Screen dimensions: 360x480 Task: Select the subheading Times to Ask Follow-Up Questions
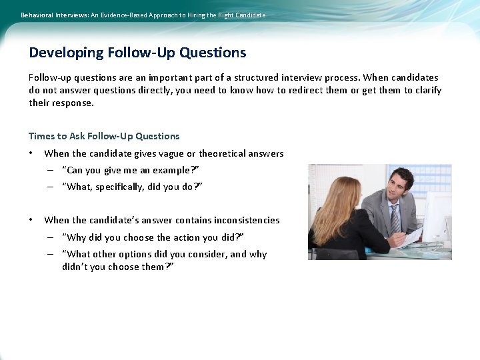tap(104, 136)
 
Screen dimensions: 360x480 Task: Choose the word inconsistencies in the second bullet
tap(243, 220)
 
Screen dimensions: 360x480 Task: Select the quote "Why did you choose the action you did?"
tap(153, 237)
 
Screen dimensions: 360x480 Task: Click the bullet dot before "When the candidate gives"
tap(31, 153)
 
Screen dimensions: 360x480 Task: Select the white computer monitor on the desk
tap(437, 217)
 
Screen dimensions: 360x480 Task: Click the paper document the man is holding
tap(412, 236)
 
